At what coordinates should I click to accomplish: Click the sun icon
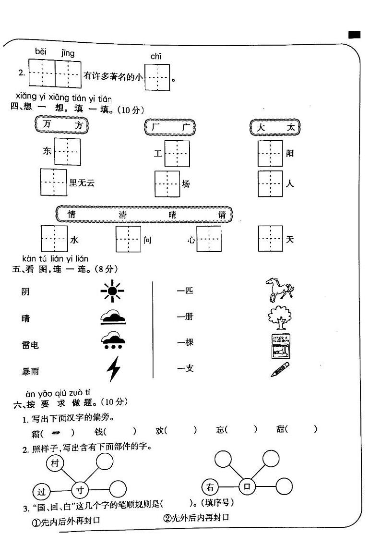pyautogui.click(x=112, y=291)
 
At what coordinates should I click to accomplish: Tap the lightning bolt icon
pyautogui.click(x=113, y=370)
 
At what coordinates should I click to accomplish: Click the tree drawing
pyautogui.click(x=279, y=317)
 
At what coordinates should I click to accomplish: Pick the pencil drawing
pyautogui.click(x=280, y=369)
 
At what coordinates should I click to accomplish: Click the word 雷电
pyautogui.click(x=30, y=345)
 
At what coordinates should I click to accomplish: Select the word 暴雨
pyautogui.click(x=30, y=371)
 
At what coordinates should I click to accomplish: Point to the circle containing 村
pyautogui.click(x=55, y=464)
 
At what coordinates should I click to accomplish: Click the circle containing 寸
pyautogui.click(x=80, y=490)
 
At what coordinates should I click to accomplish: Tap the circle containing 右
pyautogui.click(x=210, y=488)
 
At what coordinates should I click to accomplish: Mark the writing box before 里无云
pyautogui.click(x=53, y=182)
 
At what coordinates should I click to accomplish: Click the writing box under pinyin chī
pyautogui.click(x=157, y=77)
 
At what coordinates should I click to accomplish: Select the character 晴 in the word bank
pyautogui.click(x=173, y=215)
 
